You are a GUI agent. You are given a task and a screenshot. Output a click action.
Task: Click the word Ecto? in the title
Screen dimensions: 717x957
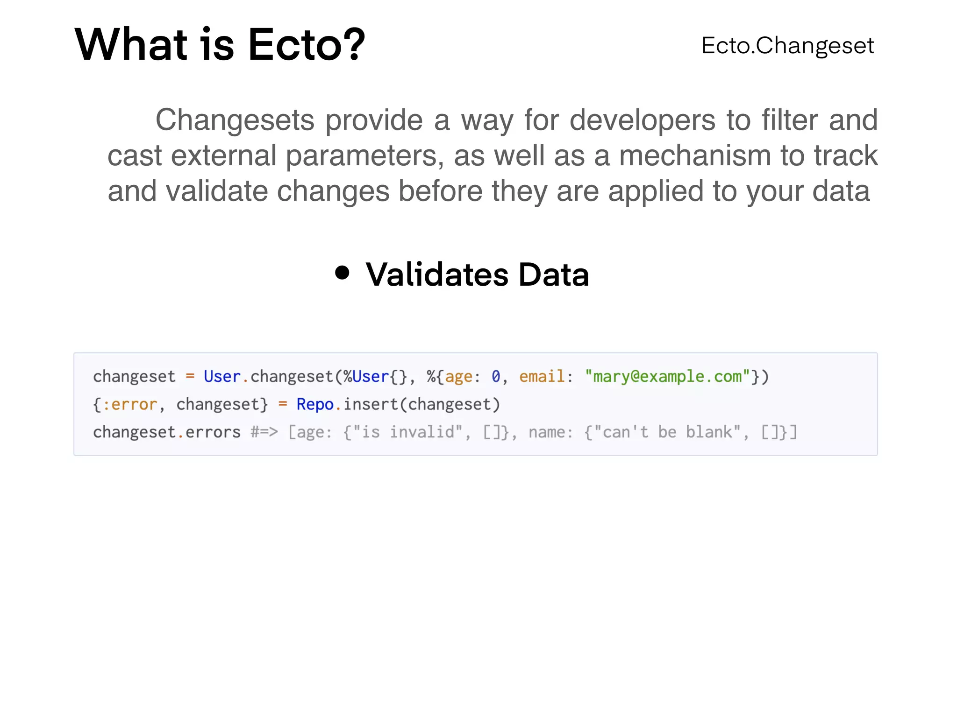[306, 45]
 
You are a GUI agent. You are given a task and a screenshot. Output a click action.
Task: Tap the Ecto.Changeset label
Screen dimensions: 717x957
[787, 46]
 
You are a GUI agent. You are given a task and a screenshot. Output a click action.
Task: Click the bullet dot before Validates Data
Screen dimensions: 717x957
[342, 273]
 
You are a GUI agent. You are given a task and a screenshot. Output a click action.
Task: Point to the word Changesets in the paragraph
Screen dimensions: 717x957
[235, 120]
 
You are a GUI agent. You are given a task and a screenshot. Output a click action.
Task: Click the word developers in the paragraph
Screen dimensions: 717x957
[643, 120]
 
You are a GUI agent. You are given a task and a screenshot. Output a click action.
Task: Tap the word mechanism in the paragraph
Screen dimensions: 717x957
[695, 155]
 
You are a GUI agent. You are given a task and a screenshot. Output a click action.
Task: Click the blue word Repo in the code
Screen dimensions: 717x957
[315, 404]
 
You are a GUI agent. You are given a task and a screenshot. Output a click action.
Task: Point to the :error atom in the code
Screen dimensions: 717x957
[129, 404]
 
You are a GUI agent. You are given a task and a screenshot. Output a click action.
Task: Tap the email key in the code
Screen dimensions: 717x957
[542, 376]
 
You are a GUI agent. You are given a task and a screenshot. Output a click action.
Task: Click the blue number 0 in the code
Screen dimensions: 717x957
[496, 376]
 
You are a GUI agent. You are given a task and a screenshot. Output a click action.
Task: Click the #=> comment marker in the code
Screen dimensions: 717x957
[264, 432]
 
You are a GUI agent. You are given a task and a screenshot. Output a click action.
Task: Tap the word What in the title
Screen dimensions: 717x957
[131, 45]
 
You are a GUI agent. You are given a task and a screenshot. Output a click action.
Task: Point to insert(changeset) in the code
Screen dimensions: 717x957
[422, 404]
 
